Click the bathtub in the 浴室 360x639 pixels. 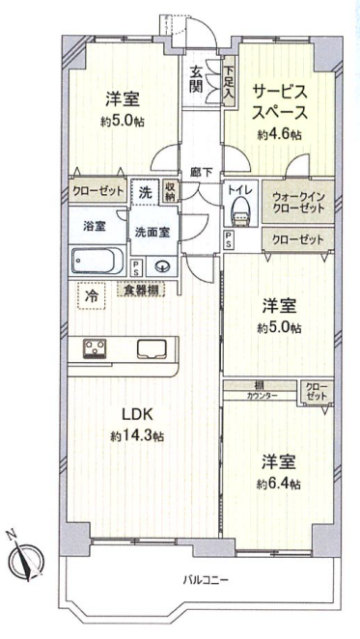[x=97, y=261]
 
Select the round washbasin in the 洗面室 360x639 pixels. [x=161, y=267]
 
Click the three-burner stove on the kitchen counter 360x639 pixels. [x=95, y=348]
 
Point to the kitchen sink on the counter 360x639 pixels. [x=152, y=348]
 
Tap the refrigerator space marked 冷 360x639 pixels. [x=92, y=295]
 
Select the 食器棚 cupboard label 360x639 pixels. [x=141, y=291]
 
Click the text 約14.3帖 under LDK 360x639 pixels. [x=137, y=436]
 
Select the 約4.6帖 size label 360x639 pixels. [x=279, y=134]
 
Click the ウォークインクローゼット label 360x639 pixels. [x=298, y=203]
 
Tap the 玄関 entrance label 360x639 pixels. [x=196, y=80]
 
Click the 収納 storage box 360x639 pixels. [x=170, y=191]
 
